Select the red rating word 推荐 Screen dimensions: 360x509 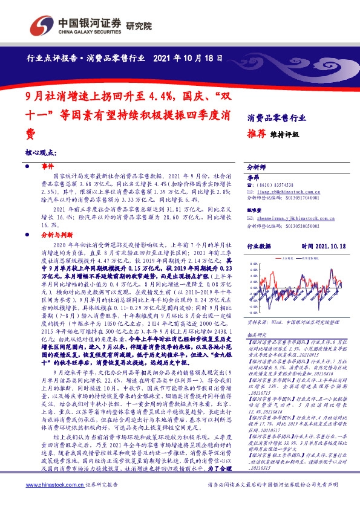tap(257, 134)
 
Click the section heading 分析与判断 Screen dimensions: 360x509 tap(57, 232)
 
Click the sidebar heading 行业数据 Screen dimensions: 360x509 tap(260, 247)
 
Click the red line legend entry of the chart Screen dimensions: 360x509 tap(286, 259)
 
